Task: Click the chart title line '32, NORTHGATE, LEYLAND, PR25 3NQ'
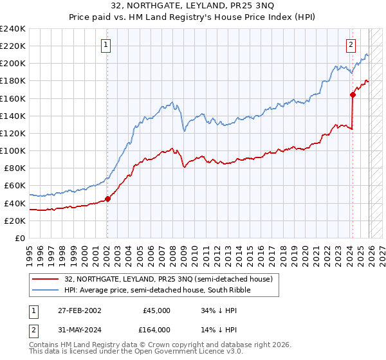[x=193, y=6]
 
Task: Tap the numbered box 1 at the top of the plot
[x=106, y=45]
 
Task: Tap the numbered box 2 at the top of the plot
[x=351, y=45]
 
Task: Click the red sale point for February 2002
[x=107, y=199]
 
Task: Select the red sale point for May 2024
[x=353, y=94]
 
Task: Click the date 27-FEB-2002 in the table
[x=74, y=310]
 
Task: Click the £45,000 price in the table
[x=156, y=310]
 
